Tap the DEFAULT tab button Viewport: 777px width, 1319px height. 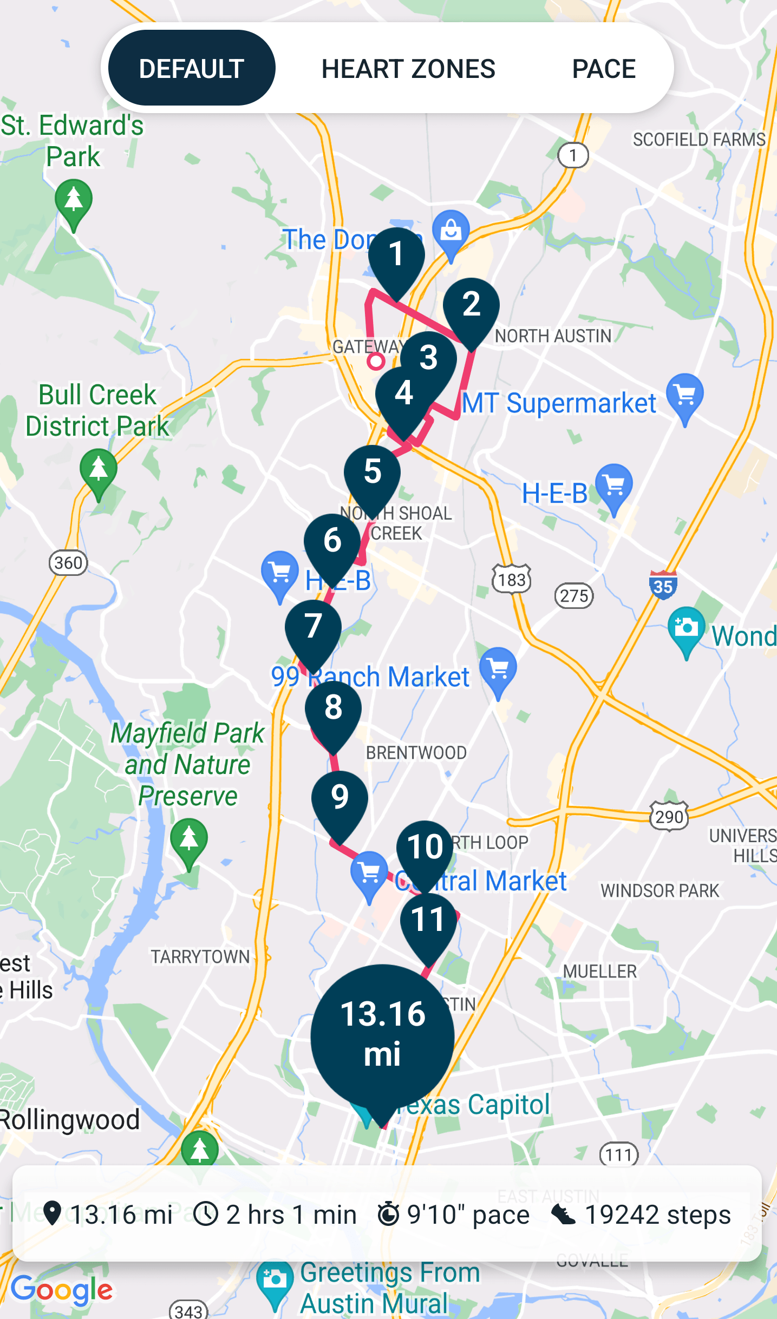coord(192,68)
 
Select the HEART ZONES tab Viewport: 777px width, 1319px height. coord(408,69)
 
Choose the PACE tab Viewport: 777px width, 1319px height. coord(604,69)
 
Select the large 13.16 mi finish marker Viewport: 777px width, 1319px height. coord(382,1035)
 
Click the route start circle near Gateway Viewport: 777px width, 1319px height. coord(376,361)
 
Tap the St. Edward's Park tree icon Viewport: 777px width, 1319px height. coord(74,202)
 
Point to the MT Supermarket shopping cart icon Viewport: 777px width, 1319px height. coord(685,395)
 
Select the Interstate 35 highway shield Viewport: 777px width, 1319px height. coord(663,586)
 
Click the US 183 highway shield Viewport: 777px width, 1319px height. coord(512,580)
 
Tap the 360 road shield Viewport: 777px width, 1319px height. coord(68,563)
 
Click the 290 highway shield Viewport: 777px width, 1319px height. coord(669,816)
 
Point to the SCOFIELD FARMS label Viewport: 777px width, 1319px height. coord(699,140)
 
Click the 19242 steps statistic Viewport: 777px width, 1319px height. coord(641,1214)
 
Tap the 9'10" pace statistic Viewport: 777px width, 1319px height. coord(454,1214)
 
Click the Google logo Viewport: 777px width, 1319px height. coord(62,1290)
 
